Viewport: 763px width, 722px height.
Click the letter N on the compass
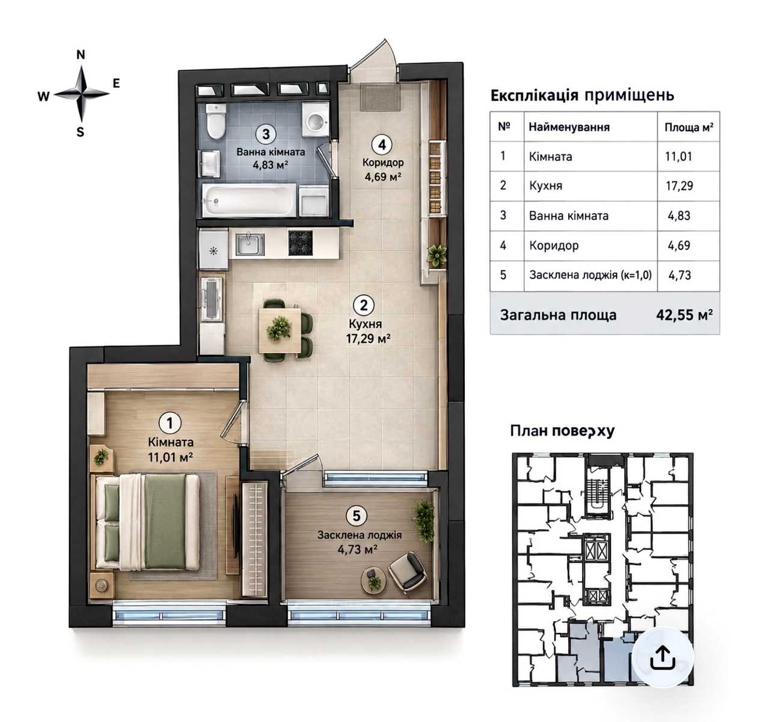(81, 55)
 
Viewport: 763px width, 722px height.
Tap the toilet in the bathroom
(216, 120)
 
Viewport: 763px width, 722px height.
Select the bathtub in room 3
(249, 200)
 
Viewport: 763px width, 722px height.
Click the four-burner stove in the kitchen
(300, 242)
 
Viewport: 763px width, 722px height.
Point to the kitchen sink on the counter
(250, 244)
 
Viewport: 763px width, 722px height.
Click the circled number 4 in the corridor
(382, 145)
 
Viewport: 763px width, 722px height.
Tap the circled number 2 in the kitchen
(364, 305)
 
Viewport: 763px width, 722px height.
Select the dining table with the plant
(280, 330)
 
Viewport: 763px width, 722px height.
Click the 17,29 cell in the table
(679, 186)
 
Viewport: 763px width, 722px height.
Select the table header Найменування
(569, 127)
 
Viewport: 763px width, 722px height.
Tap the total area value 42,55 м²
(684, 315)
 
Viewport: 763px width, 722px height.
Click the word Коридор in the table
(554, 245)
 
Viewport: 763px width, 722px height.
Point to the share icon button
(662, 657)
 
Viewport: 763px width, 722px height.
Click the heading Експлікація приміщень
(582, 95)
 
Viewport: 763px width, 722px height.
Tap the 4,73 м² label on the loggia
(358, 549)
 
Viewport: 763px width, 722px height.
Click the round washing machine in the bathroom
(316, 120)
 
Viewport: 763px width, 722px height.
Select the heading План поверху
(562, 431)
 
